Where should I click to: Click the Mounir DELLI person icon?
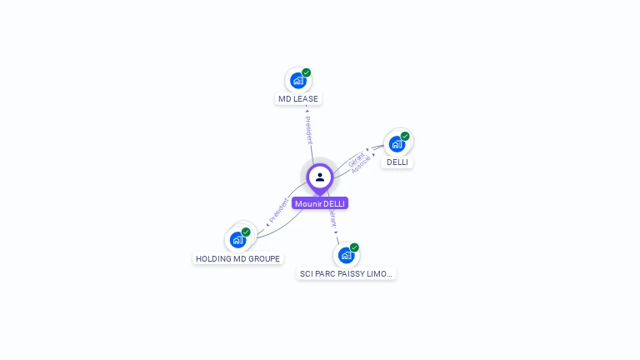pos(320,177)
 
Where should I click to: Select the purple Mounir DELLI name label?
pos(320,203)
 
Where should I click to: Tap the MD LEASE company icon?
pos(297,81)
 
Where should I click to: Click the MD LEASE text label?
pos(298,99)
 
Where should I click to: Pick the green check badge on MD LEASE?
pos(307,72)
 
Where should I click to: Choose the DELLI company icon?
pos(397,144)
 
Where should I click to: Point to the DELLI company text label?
pos(397,162)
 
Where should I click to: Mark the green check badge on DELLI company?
pos(405,136)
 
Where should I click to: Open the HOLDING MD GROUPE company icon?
pos(237,240)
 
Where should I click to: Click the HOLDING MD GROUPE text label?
pos(238,259)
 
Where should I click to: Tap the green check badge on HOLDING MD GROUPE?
pos(246,232)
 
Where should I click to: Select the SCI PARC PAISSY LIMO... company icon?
pos(346,255)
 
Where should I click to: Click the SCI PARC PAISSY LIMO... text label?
pos(346,273)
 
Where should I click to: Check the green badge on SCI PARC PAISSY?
pos(354,247)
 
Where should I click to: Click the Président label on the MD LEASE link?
pos(308,130)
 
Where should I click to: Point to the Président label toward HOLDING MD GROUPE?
pos(278,212)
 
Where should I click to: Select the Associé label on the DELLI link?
pos(362,164)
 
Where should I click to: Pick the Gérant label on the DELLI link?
pos(356,157)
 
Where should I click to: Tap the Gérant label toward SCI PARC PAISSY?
pos(332,219)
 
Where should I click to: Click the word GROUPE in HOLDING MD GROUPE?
pos(262,259)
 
